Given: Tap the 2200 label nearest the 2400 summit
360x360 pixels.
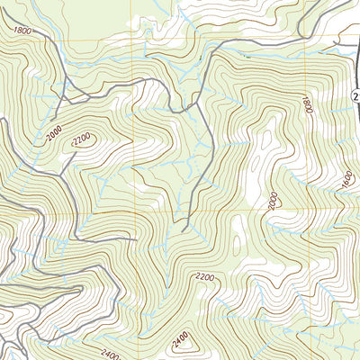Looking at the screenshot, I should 204,278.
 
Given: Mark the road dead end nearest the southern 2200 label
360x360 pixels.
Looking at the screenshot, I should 184,230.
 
